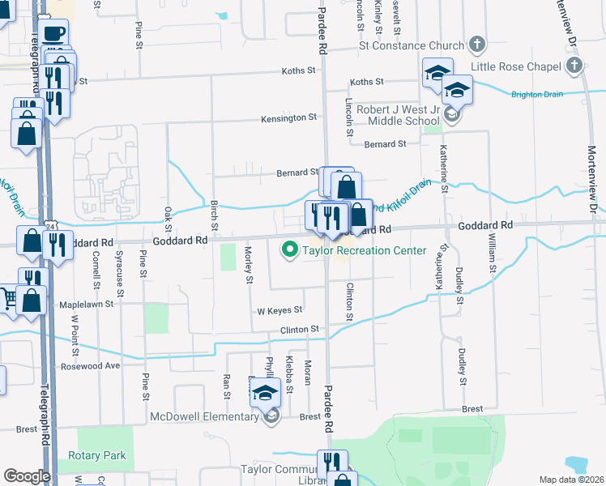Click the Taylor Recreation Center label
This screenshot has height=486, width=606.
[364, 250]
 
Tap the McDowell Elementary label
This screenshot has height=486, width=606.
[204, 417]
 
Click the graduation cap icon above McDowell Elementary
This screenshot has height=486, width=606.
[264, 393]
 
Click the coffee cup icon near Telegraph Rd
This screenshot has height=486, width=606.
[53, 34]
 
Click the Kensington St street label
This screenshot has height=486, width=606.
[288, 118]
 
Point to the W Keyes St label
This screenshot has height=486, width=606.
[280, 310]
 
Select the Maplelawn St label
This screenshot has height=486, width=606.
[87, 305]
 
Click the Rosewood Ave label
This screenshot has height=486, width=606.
[90, 366]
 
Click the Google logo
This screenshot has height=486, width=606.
[27, 476]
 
